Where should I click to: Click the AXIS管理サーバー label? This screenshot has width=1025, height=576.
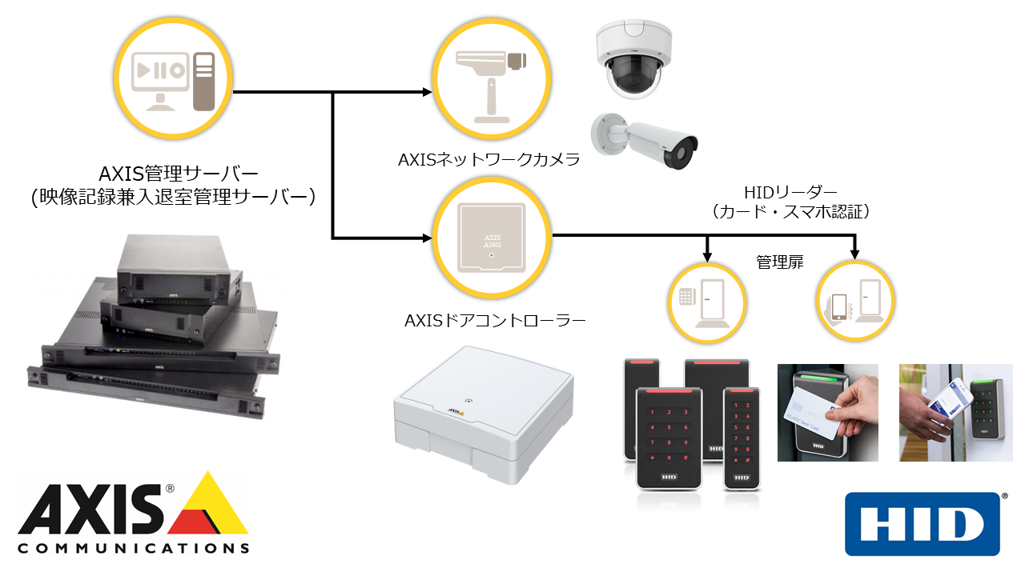(x=179, y=174)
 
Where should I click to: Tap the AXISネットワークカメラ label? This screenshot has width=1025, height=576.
(x=488, y=159)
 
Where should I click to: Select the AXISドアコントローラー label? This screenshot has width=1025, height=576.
(x=495, y=321)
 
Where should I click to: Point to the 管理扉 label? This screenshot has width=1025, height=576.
(x=780, y=262)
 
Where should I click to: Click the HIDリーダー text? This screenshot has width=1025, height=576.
(x=790, y=193)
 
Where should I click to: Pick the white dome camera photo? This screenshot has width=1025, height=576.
(x=633, y=58)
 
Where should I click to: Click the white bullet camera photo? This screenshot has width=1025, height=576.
(x=645, y=141)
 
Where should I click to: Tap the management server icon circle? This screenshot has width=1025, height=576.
(x=174, y=78)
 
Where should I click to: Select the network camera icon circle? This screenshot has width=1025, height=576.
(x=492, y=78)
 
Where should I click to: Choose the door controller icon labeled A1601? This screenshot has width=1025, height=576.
(x=492, y=238)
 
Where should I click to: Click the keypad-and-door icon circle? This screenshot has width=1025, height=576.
(x=707, y=302)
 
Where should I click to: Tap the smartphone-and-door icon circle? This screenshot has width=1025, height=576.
(x=855, y=301)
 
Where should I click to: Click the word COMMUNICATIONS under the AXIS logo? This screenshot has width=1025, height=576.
(x=134, y=548)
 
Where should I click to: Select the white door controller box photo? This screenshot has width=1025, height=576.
(x=484, y=414)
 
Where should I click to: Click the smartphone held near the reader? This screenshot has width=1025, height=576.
(x=950, y=400)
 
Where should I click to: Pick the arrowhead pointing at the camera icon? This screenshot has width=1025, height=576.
(x=427, y=92)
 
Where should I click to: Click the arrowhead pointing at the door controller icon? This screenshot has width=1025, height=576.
(x=427, y=238)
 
